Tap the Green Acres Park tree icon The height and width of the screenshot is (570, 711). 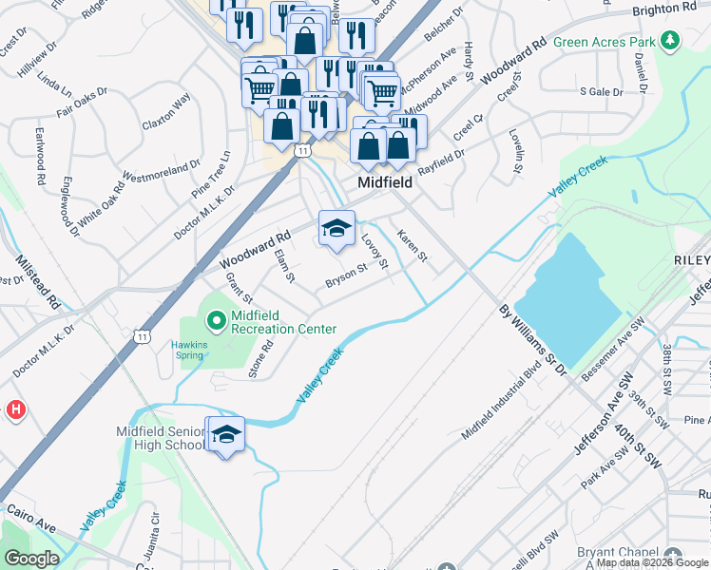(x=671, y=41)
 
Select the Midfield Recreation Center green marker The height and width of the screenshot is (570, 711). (x=216, y=322)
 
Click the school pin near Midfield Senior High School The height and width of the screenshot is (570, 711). (x=225, y=435)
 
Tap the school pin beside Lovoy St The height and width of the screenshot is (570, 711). (x=336, y=229)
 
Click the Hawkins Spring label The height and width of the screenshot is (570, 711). (x=189, y=350)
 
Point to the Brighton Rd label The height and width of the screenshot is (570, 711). (x=664, y=9)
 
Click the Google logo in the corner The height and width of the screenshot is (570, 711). (x=31, y=559)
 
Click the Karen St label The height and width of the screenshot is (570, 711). (x=413, y=247)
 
